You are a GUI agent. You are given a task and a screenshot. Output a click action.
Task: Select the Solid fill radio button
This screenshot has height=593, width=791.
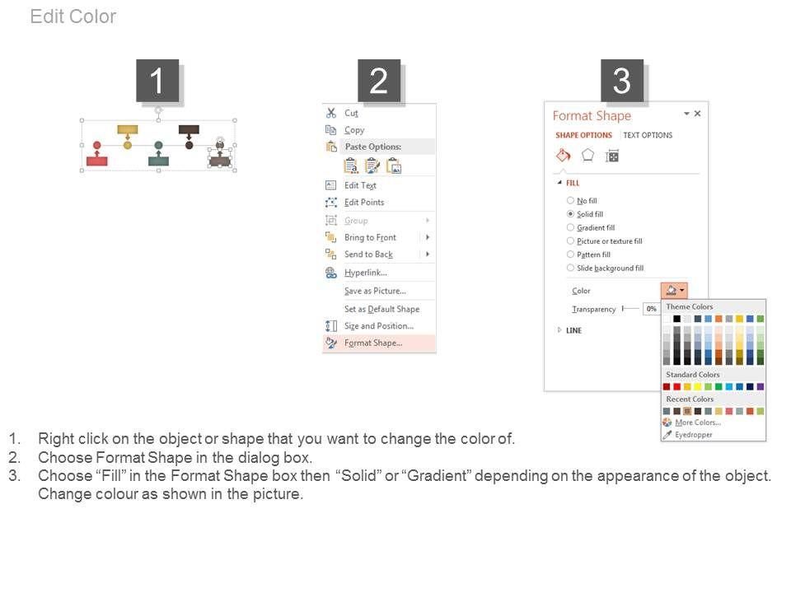[570, 214]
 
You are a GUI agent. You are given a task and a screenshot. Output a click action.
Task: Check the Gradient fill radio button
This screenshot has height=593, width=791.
[570, 227]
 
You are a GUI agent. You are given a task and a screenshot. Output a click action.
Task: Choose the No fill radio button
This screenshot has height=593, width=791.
[570, 200]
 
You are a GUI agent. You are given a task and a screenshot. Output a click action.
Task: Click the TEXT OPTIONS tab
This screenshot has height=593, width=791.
[648, 135]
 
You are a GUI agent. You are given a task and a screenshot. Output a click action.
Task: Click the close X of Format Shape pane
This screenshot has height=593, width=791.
[697, 114]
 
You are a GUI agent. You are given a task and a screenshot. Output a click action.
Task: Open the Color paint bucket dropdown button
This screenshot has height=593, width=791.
[674, 290]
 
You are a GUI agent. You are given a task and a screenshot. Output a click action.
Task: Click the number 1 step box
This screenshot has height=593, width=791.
[157, 81]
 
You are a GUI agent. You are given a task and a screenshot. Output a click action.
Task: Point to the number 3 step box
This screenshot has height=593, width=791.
[622, 81]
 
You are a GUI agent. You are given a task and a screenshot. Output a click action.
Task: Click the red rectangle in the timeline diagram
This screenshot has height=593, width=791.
[97, 161]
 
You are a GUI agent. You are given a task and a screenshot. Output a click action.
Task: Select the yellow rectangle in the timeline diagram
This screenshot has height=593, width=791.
[128, 129]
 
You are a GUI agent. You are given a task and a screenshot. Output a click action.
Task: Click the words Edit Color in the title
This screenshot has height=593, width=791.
[73, 16]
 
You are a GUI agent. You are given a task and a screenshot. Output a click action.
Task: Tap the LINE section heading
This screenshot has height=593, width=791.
[573, 331]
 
